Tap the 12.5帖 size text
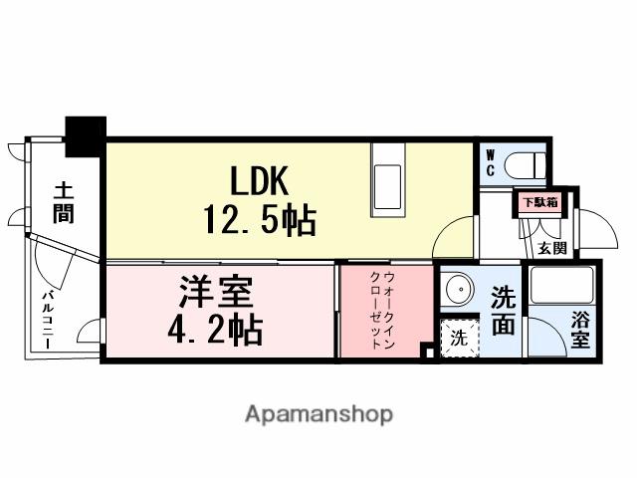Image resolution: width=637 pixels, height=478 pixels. (260, 218)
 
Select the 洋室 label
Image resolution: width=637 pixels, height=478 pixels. (216, 293)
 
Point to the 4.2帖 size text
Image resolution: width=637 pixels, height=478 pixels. (216, 329)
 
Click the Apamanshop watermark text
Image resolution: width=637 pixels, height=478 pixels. (318, 414)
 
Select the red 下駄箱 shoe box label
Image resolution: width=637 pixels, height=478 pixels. (541, 202)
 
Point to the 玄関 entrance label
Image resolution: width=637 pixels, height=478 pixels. (552, 248)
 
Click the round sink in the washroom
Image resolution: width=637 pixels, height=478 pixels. (459, 290)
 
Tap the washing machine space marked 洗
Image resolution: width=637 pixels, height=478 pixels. (459, 337)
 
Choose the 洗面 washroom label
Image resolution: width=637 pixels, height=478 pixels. (505, 311)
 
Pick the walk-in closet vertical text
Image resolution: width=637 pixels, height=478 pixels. (386, 309)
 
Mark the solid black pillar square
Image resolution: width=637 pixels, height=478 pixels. (85, 132)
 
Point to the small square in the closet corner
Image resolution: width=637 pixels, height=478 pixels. (427, 351)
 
